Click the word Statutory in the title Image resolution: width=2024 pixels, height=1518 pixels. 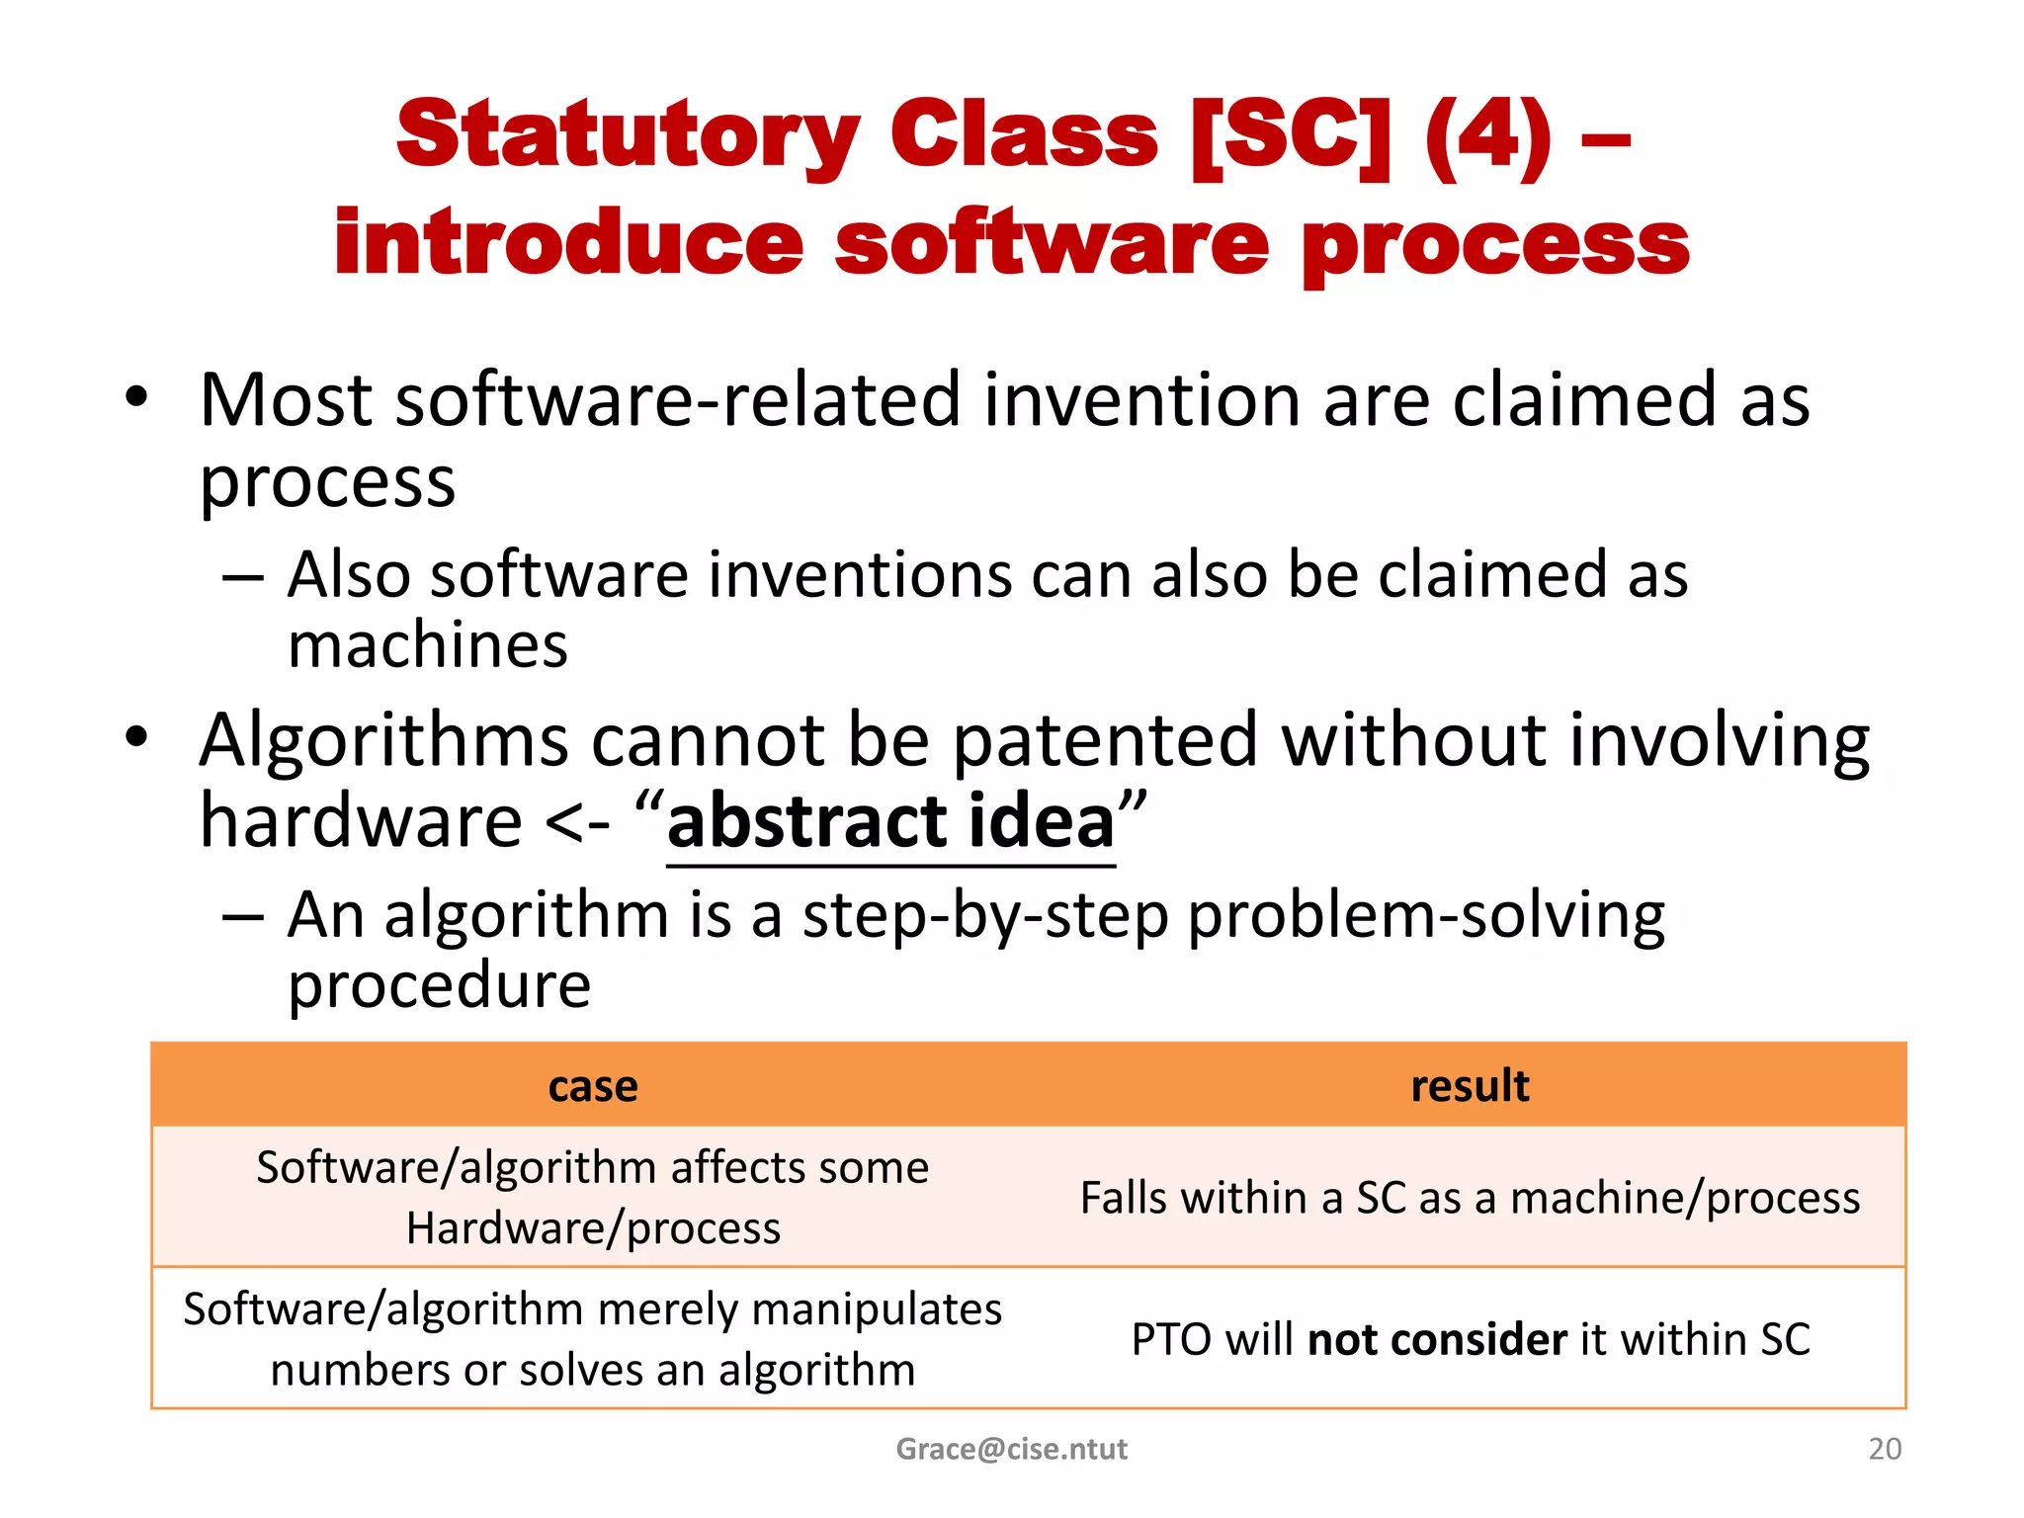click(628, 136)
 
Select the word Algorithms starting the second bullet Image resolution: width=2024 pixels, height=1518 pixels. click(383, 740)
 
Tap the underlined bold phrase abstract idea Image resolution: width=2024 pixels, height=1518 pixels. click(890, 821)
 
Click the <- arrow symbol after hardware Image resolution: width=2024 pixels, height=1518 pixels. click(577, 823)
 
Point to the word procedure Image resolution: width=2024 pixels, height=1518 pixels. click(439, 985)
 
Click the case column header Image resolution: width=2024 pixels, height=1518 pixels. click(593, 1086)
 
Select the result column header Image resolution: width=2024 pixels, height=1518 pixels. click(1470, 1086)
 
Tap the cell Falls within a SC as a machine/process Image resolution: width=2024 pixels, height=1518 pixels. click(1470, 1198)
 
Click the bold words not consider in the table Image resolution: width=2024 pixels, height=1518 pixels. click(1437, 1340)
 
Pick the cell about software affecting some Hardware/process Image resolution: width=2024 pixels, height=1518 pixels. click(593, 1198)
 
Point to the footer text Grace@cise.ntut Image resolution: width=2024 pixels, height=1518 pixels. click(1011, 1449)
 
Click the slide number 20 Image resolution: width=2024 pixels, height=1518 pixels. click(1885, 1449)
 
